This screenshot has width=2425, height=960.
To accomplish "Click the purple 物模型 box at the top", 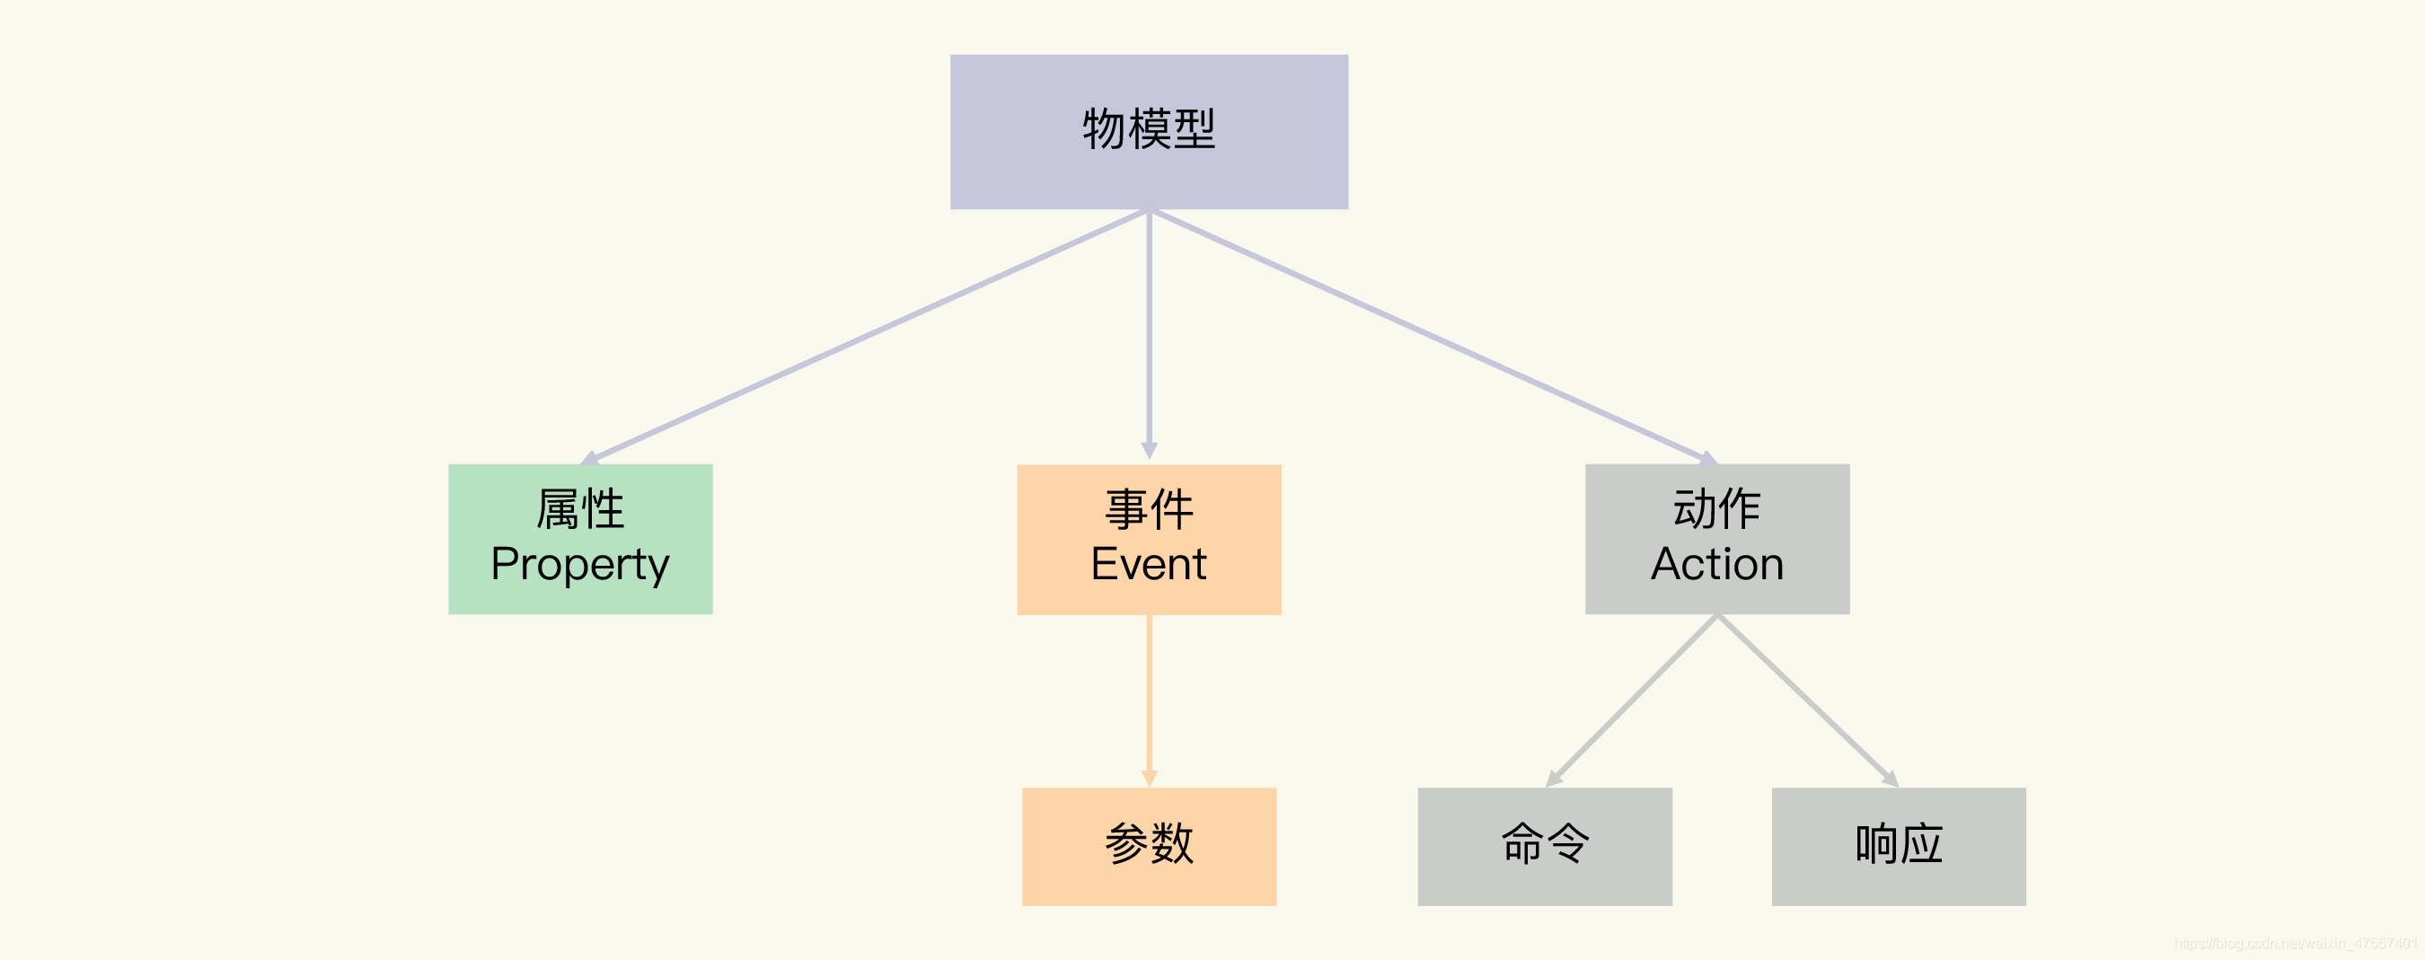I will click(x=1149, y=132).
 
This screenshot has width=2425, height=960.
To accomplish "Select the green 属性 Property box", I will click(x=580, y=540).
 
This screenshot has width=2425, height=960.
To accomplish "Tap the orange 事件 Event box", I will click(x=1149, y=540).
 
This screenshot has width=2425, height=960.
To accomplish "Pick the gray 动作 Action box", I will click(x=1717, y=540).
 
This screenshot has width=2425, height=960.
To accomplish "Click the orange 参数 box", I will click(x=1149, y=846).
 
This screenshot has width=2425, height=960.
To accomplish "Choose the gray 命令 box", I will click(x=1545, y=846).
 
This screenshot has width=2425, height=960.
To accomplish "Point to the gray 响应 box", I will click(x=1899, y=846).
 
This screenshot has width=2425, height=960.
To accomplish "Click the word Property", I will click(x=580, y=565).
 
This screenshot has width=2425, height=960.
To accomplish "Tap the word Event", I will click(x=1149, y=565).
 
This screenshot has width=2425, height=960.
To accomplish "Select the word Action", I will click(x=1717, y=565).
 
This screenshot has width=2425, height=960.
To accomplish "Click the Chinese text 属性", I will click(x=580, y=509).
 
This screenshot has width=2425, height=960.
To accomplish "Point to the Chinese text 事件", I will click(x=1149, y=509).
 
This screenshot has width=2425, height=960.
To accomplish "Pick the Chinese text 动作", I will click(x=1717, y=509).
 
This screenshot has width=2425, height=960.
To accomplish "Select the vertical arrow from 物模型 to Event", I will click(x=1149, y=335).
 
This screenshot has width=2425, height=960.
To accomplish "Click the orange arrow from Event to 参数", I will click(x=1149, y=701).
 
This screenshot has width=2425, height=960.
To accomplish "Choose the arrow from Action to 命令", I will click(x=1631, y=701).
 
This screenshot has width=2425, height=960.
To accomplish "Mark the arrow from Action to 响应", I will click(x=1807, y=701).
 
